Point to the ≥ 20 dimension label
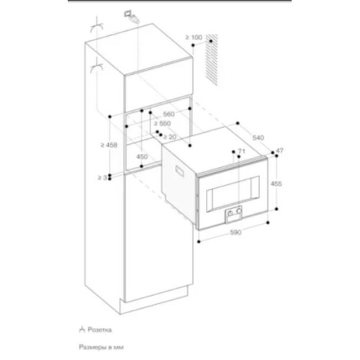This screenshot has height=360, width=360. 170,137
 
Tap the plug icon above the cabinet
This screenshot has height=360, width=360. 130,14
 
